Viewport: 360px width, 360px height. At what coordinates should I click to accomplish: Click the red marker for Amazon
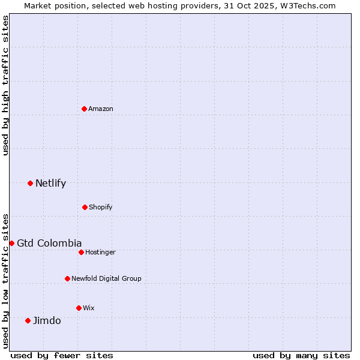coord(85,109)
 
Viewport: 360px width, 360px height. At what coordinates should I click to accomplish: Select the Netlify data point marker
coord(30,183)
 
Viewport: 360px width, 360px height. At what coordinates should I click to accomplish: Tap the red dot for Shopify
coord(85,207)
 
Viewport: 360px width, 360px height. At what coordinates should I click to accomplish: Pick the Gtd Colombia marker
coord(11,243)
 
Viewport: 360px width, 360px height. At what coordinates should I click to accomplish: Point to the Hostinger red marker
coord(81,252)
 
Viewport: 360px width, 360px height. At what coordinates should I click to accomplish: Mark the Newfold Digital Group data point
coord(67,278)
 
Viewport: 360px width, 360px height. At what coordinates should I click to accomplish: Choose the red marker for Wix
coord(79,308)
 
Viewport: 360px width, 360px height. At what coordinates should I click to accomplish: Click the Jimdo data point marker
coord(28,320)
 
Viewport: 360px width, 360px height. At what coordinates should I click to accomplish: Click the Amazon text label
coord(101,109)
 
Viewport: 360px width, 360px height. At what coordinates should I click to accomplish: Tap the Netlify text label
coord(50,183)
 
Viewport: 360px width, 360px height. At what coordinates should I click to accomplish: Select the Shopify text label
coord(101,207)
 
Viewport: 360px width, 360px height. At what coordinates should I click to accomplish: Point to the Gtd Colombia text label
coord(49,243)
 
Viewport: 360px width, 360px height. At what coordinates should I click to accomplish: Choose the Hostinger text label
coord(100,252)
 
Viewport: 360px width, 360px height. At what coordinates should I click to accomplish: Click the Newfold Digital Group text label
coord(106,278)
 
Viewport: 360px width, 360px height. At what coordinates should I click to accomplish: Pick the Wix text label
coord(89,308)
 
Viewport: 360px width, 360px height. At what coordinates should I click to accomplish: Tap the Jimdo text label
coord(47,320)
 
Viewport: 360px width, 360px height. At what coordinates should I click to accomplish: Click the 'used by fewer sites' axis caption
coord(62,355)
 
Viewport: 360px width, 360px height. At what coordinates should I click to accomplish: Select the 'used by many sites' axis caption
coord(301,355)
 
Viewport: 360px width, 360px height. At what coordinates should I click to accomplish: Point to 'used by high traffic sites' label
coord(5,85)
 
